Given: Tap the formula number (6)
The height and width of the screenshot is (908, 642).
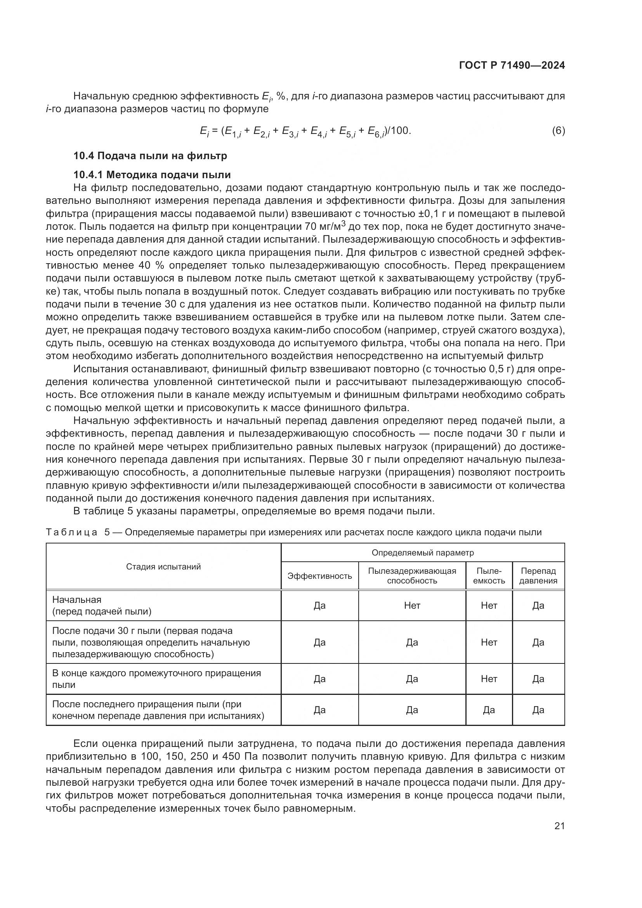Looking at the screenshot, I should (558, 130).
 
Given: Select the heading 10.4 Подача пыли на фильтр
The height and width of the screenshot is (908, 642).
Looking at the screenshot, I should (150, 156).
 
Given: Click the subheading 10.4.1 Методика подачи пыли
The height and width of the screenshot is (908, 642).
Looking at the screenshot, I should (152, 174).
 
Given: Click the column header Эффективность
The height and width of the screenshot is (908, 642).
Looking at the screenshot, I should (319, 576).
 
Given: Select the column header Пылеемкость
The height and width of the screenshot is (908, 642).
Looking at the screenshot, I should (489, 576).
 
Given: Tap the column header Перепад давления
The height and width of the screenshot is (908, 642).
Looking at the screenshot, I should (538, 576).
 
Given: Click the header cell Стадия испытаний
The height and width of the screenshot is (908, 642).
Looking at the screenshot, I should (163, 567).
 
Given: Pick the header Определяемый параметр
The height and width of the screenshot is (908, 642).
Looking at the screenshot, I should (422, 552).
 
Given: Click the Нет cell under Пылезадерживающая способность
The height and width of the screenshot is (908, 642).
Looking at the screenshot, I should (412, 606).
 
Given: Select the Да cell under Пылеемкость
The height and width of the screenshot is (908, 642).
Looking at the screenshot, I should (489, 710).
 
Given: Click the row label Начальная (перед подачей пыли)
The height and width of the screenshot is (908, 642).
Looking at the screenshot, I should (102, 606).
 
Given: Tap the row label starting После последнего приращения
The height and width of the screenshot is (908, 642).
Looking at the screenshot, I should (158, 710).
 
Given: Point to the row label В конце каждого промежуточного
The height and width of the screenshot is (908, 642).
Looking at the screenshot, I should (156, 679).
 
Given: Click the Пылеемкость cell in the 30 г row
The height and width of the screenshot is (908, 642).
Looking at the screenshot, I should (489, 642).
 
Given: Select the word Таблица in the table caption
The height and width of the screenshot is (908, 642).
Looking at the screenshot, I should (71, 532).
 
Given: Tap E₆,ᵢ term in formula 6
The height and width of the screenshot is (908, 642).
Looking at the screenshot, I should (376, 132).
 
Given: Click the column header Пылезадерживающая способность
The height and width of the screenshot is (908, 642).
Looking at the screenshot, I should (412, 576).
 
